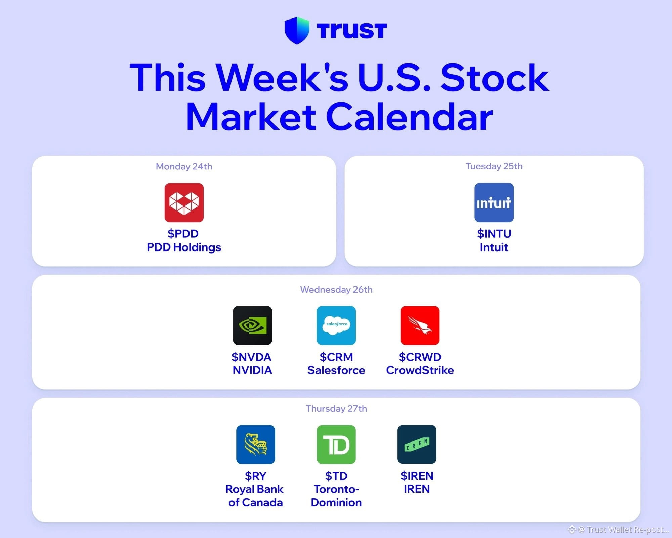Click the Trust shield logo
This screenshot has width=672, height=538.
point(297,31)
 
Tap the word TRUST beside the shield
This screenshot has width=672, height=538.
point(352,31)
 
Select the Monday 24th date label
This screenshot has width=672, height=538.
point(184,167)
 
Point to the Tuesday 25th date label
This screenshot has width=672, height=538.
point(494,166)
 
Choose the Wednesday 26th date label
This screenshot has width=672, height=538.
point(336,290)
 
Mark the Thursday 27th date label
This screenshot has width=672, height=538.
point(336,409)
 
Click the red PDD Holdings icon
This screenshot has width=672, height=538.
point(184,202)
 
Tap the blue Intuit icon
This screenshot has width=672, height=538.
point(494,202)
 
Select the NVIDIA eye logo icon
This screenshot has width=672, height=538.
point(253,325)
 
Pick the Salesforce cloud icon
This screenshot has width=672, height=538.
point(336,325)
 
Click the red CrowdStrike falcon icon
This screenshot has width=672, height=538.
point(420,325)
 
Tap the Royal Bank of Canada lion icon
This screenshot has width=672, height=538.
point(256,445)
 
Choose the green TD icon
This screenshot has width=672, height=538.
point(336,445)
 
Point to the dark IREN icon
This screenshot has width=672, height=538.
point(417,445)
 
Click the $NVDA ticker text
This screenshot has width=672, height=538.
point(251,357)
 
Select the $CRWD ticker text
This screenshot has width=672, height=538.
point(420,357)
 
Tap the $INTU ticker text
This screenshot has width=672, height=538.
point(494,234)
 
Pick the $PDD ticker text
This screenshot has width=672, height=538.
point(183,234)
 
